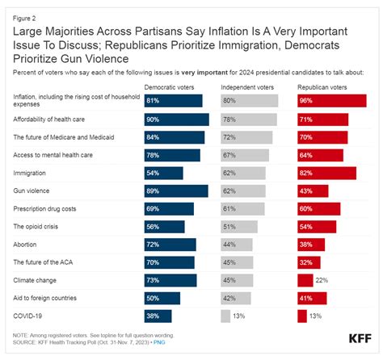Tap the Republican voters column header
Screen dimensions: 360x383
(x=322, y=86)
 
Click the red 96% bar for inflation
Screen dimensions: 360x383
(x=331, y=101)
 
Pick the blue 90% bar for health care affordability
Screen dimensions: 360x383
(x=176, y=119)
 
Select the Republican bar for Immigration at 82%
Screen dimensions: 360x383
(x=326, y=173)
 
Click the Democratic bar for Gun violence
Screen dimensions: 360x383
(x=176, y=190)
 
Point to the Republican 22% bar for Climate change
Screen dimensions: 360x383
(x=305, y=280)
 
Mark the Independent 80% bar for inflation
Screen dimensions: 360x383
(x=249, y=101)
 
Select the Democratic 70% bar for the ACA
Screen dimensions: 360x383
(x=169, y=262)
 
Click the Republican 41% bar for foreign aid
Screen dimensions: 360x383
(x=312, y=298)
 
